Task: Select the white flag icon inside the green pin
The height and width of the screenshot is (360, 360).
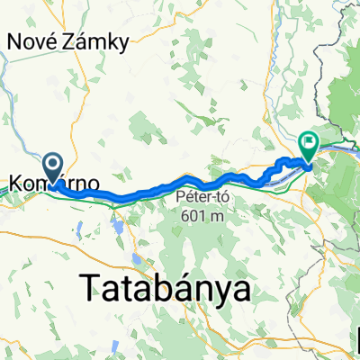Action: pyautogui.click(x=310, y=141)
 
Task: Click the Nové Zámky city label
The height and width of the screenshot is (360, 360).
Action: pyautogui.click(x=68, y=40)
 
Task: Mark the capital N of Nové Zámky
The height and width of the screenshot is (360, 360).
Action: pyautogui.click(x=14, y=40)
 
